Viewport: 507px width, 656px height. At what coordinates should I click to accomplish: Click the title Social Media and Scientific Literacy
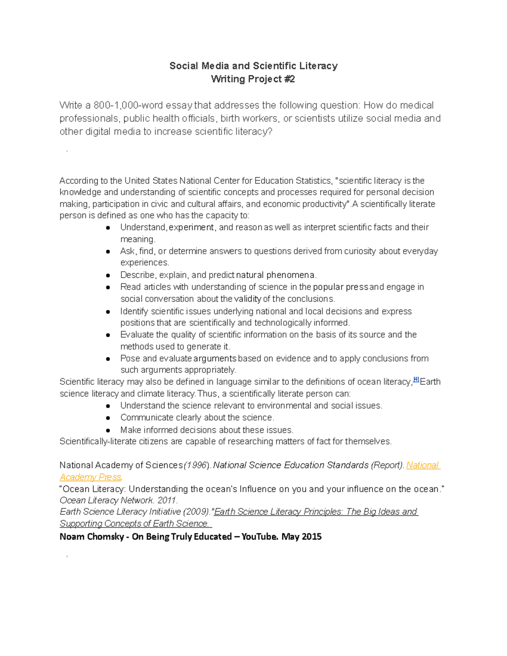pos(253,66)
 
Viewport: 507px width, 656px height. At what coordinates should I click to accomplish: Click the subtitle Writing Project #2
pos(253,79)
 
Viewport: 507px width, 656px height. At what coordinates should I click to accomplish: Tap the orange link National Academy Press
pos(422,465)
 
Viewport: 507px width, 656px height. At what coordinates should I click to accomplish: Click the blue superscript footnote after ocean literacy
pos(416,380)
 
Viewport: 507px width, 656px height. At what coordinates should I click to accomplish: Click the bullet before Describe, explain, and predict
pos(108,275)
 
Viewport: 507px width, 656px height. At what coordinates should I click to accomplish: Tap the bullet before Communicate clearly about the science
pos(108,418)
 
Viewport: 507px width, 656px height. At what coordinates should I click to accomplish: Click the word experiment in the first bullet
pos(191,227)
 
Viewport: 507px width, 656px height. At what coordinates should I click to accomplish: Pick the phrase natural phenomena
pos(275,275)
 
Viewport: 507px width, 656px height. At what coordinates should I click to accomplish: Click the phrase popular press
pos(340,287)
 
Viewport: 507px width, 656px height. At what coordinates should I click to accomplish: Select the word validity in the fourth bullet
pos(248,299)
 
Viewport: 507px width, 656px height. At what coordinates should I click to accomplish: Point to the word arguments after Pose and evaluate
pos(215,358)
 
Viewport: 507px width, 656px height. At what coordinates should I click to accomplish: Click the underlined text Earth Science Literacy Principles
pos(279,512)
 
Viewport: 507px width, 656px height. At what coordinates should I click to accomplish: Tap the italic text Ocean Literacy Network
pos(106,500)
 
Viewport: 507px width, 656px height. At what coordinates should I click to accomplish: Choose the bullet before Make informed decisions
pos(108,430)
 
